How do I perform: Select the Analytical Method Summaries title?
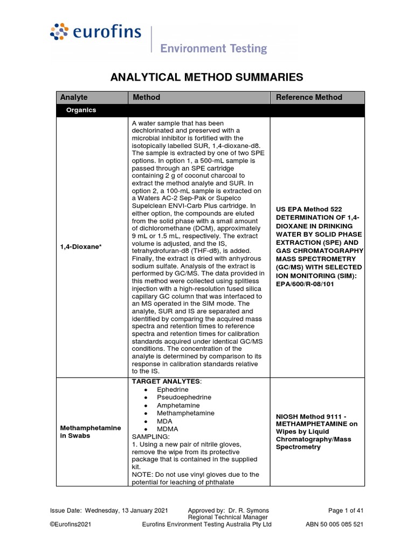click(207, 77)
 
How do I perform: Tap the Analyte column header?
click(74, 97)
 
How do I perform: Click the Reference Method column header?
click(309, 97)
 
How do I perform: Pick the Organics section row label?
click(81, 110)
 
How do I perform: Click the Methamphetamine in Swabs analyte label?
click(82, 432)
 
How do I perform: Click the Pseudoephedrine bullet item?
click(184, 397)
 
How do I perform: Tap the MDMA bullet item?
click(167, 429)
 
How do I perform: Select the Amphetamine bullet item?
click(178, 405)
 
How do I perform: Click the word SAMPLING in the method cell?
click(149, 436)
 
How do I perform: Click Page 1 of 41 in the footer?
click(346, 510)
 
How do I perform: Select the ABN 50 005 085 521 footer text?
click(334, 525)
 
